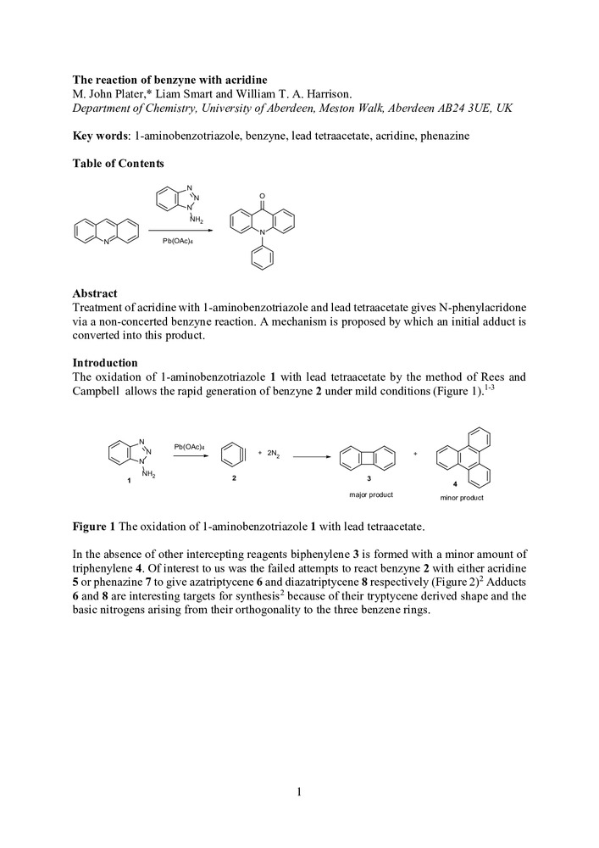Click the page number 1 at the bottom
[x=299, y=792]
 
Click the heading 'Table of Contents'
[x=118, y=164]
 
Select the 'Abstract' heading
[x=95, y=293]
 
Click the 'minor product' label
[x=462, y=498]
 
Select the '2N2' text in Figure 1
[x=274, y=455]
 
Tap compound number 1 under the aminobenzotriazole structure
[x=128, y=481]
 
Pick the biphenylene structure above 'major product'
[x=367, y=460]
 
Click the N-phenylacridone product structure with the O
[x=262, y=229]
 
